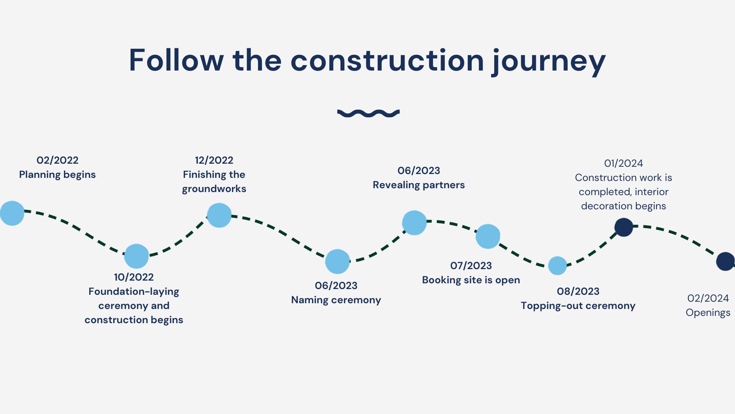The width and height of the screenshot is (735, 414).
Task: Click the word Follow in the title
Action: (x=176, y=60)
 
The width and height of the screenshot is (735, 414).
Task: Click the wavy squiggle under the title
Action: (x=368, y=113)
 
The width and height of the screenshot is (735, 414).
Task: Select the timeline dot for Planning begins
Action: (x=12, y=213)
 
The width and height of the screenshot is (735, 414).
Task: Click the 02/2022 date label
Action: (x=57, y=160)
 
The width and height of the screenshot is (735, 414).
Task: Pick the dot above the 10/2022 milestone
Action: (x=136, y=256)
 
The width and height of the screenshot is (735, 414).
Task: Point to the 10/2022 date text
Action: (x=134, y=277)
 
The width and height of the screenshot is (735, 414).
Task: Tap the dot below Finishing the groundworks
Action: (x=219, y=215)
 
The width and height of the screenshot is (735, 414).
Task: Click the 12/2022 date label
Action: (x=214, y=160)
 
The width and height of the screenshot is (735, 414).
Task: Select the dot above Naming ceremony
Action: (x=337, y=261)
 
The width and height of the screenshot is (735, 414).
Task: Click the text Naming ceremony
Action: (x=336, y=300)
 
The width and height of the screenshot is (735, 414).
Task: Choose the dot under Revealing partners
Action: (x=414, y=223)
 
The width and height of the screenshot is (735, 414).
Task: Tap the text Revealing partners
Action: (x=419, y=185)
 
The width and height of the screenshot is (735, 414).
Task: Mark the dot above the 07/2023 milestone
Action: (x=488, y=237)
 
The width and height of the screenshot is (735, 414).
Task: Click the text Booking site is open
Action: (x=471, y=280)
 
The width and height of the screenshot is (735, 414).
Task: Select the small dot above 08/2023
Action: (x=557, y=266)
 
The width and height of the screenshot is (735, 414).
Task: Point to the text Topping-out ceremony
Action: (x=578, y=306)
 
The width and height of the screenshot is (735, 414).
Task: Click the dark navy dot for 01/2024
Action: (x=624, y=227)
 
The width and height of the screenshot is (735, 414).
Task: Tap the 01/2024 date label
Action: (x=624, y=163)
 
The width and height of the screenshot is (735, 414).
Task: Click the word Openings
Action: (x=708, y=312)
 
